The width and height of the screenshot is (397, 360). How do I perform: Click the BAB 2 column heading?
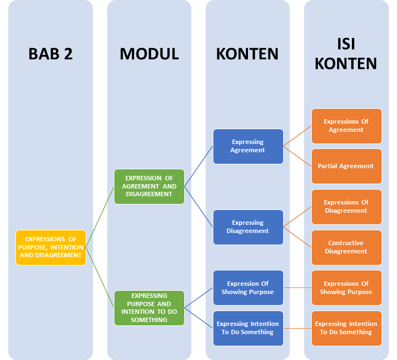click(x=51, y=53)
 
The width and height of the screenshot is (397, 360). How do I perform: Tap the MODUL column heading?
click(x=149, y=53)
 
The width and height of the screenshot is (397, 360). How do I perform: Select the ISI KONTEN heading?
click(x=345, y=53)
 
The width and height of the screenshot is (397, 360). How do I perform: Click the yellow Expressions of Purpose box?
click(x=51, y=247)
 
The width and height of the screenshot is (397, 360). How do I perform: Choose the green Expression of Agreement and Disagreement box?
click(x=149, y=186)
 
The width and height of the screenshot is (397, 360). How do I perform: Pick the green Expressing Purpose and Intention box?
click(x=149, y=308)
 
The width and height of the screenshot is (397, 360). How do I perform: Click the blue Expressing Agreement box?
click(x=248, y=146)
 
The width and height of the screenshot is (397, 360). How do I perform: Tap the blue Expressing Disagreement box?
click(x=248, y=227)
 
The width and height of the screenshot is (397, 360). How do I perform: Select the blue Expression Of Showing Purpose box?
click(x=248, y=287)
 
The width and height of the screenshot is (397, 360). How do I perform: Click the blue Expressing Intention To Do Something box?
click(x=248, y=328)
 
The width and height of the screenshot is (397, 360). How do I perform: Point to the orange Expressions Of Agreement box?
click(x=346, y=126)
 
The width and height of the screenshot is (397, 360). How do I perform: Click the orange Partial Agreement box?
click(x=346, y=166)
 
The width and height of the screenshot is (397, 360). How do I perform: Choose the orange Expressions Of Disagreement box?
click(x=346, y=207)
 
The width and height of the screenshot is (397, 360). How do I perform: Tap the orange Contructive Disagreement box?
click(x=346, y=247)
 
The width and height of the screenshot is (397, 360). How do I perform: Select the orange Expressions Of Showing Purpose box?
click(x=346, y=287)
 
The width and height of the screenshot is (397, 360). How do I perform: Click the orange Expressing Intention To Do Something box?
click(x=346, y=328)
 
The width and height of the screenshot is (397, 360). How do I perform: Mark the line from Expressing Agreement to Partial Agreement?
click(x=297, y=156)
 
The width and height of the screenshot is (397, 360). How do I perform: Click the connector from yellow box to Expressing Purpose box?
click(x=100, y=278)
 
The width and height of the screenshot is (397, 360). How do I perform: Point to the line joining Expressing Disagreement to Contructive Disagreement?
click(x=297, y=237)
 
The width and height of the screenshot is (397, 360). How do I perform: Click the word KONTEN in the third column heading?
click(x=247, y=53)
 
